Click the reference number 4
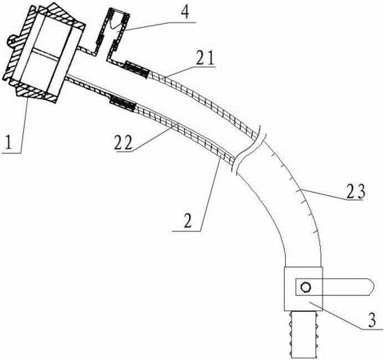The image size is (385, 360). click(x=185, y=11)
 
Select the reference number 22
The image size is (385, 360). click(x=123, y=142)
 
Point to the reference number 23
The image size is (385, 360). click(x=355, y=191)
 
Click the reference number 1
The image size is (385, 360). click(x=9, y=142)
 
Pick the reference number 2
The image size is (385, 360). click(x=187, y=220)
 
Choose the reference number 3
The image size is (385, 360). click(x=372, y=319)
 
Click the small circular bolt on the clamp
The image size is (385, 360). click(x=305, y=287)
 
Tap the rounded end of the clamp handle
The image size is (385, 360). click(x=372, y=287)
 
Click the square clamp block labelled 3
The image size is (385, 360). click(x=303, y=289)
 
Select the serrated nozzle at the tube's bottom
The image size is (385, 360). click(x=303, y=334)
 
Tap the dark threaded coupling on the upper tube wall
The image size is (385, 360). click(x=136, y=70)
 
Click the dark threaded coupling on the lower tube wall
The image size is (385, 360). click(x=122, y=103)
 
